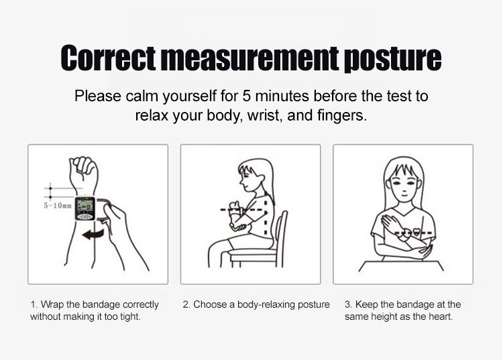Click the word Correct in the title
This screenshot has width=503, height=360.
[x=108, y=58]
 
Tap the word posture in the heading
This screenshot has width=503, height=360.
[x=392, y=60]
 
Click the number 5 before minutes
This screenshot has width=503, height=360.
[x=246, y=96]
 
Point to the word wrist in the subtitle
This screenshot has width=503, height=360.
[x=264, y=115]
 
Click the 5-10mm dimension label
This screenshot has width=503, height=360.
[x=58, y=206]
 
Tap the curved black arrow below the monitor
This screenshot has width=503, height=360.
[x=93, y=235]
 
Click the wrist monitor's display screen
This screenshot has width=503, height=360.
[x=85, y=206]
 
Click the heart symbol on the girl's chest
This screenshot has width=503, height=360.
[x=416, y=231]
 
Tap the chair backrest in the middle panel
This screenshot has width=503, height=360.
[x=281, y=237]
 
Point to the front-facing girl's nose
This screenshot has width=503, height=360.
[x=404, y=188]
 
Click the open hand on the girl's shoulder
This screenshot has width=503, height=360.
[x=389, y=223]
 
